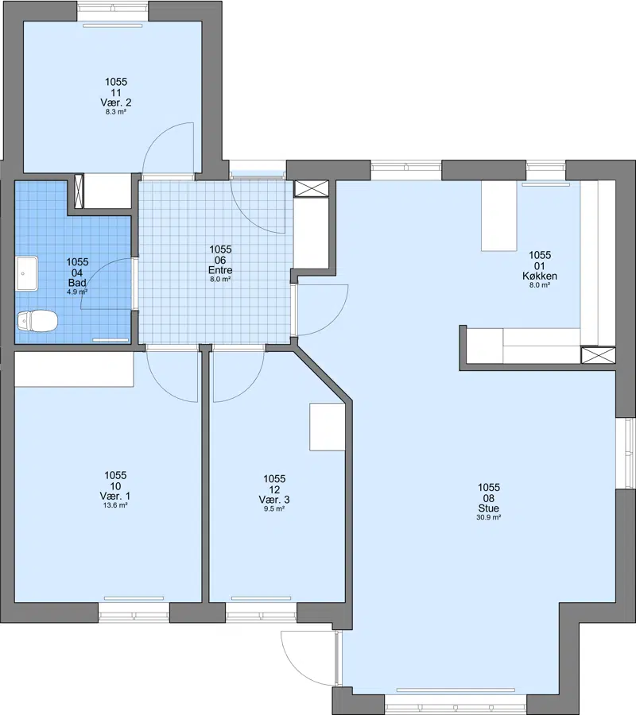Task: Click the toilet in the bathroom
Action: [x=37, y=321]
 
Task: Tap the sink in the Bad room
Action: [x=27, y=273]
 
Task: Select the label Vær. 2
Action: [x=116, y=102]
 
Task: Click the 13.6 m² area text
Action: [x=115, y=505]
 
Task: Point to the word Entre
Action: [x=220, y=270]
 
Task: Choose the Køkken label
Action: [x=540, y=276]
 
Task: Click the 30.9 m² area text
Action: [x=489, y=517]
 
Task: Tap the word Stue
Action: [x=489, y=508]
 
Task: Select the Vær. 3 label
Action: [x=274, y=500]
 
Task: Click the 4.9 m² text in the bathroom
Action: [x=77, y=292]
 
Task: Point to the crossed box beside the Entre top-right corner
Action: [x=312, y=188]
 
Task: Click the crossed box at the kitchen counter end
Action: [x=598, y=355]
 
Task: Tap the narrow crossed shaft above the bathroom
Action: [x=79, y=191]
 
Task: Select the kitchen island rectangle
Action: [x=498, y=215]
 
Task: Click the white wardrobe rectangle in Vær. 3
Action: [x=327, y=427]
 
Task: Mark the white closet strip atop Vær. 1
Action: [x=74, y=369]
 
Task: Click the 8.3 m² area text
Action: [x=116, y=112]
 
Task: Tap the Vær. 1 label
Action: [x=115, y=496]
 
